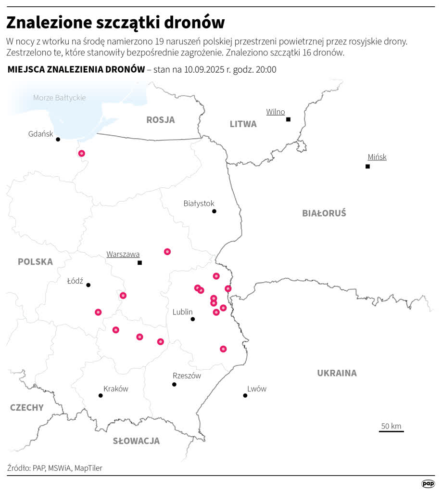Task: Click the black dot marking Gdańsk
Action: click(58, 139)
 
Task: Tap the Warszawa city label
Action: click(123, 254)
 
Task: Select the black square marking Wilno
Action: click(288, 119)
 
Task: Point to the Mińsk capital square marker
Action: click(367, 166)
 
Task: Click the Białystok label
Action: click(199, 203)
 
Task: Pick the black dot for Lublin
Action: click(192, 319)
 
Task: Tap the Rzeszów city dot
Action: click(174, 384)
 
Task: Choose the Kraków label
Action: click(116, 389)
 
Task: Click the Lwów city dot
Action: click(245, 395)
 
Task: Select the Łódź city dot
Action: click(88, 285)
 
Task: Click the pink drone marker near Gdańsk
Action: click(81, 153)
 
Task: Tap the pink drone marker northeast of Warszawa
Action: click(167, 251)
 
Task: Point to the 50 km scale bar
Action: click(391, 430)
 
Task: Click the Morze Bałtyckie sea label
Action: click(59, 98)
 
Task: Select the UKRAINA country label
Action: click(337, 373)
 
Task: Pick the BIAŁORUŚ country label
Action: click(324, 213)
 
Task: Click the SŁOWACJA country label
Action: click(136, 441)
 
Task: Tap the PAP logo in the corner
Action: click(427, 483)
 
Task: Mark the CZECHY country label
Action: click(27, 407)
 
